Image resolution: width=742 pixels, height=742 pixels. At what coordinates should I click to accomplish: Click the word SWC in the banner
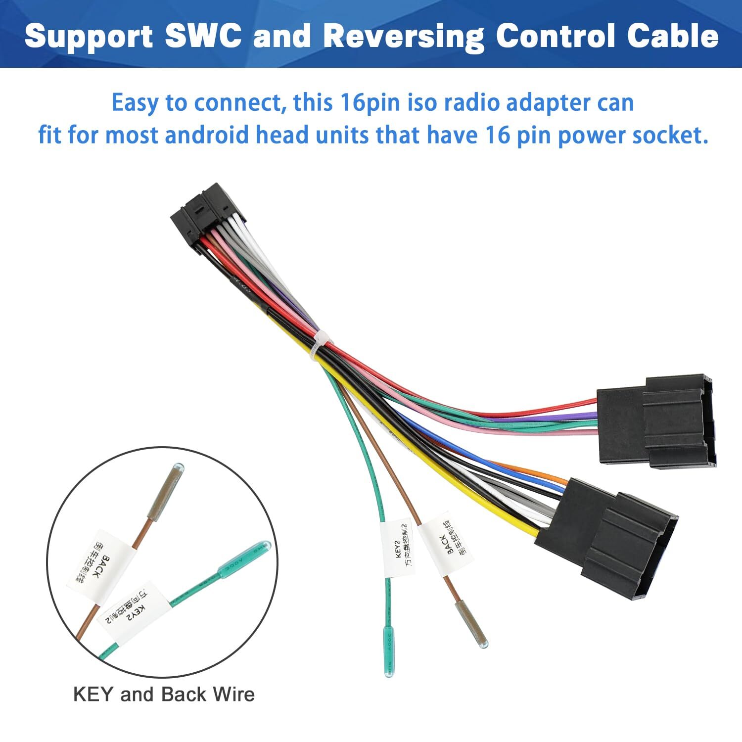tap(203, 36)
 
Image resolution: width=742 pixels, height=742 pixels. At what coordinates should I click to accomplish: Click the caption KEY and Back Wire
tap(164, 694)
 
